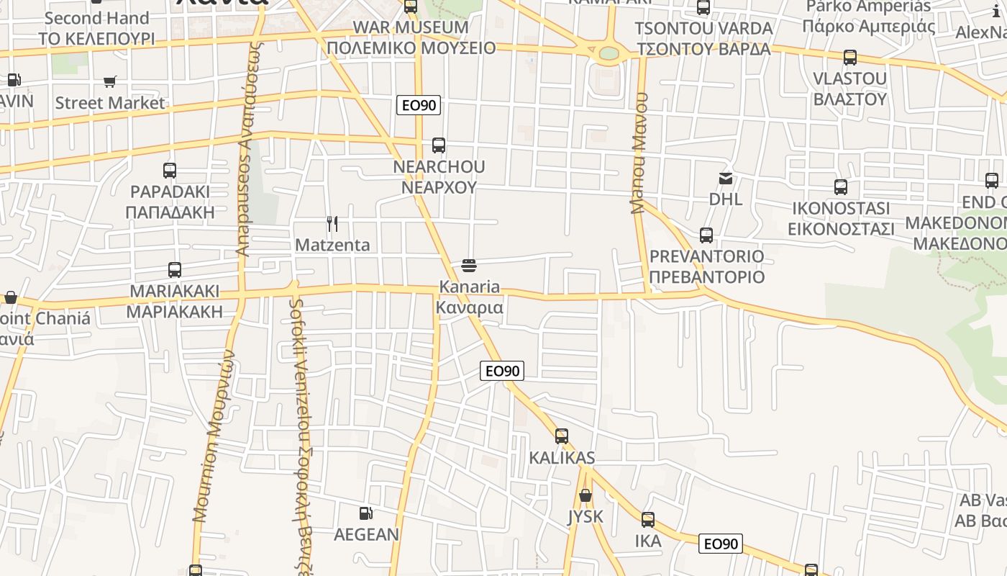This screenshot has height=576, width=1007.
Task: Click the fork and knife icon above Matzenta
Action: coord(332,224)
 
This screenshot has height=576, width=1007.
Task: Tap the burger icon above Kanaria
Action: coord(469,266)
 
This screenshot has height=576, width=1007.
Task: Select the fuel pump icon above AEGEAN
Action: coord(366,513)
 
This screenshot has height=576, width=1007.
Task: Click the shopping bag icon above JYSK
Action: coord(585,495)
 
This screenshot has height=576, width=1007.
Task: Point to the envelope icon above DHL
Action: coord(726,178)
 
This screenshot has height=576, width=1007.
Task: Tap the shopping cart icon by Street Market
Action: coord(109,82)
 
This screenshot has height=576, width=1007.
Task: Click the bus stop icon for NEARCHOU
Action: coord(439,145)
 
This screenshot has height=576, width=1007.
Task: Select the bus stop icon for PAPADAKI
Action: coord(170,171)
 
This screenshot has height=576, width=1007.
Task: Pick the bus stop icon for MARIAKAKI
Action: coord(175,270)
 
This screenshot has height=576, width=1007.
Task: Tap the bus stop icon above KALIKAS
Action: coord(562,436)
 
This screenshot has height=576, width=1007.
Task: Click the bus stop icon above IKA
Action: coord(648,520)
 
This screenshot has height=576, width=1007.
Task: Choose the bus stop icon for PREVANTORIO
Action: coord(706,235)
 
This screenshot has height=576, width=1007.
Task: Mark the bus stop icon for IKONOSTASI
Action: coord(841,187)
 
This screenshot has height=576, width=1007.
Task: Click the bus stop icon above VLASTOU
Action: coord(850,58)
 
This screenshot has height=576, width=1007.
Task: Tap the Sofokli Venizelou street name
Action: coord(301,432)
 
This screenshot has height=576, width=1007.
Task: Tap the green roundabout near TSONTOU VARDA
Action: coord(609,53)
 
